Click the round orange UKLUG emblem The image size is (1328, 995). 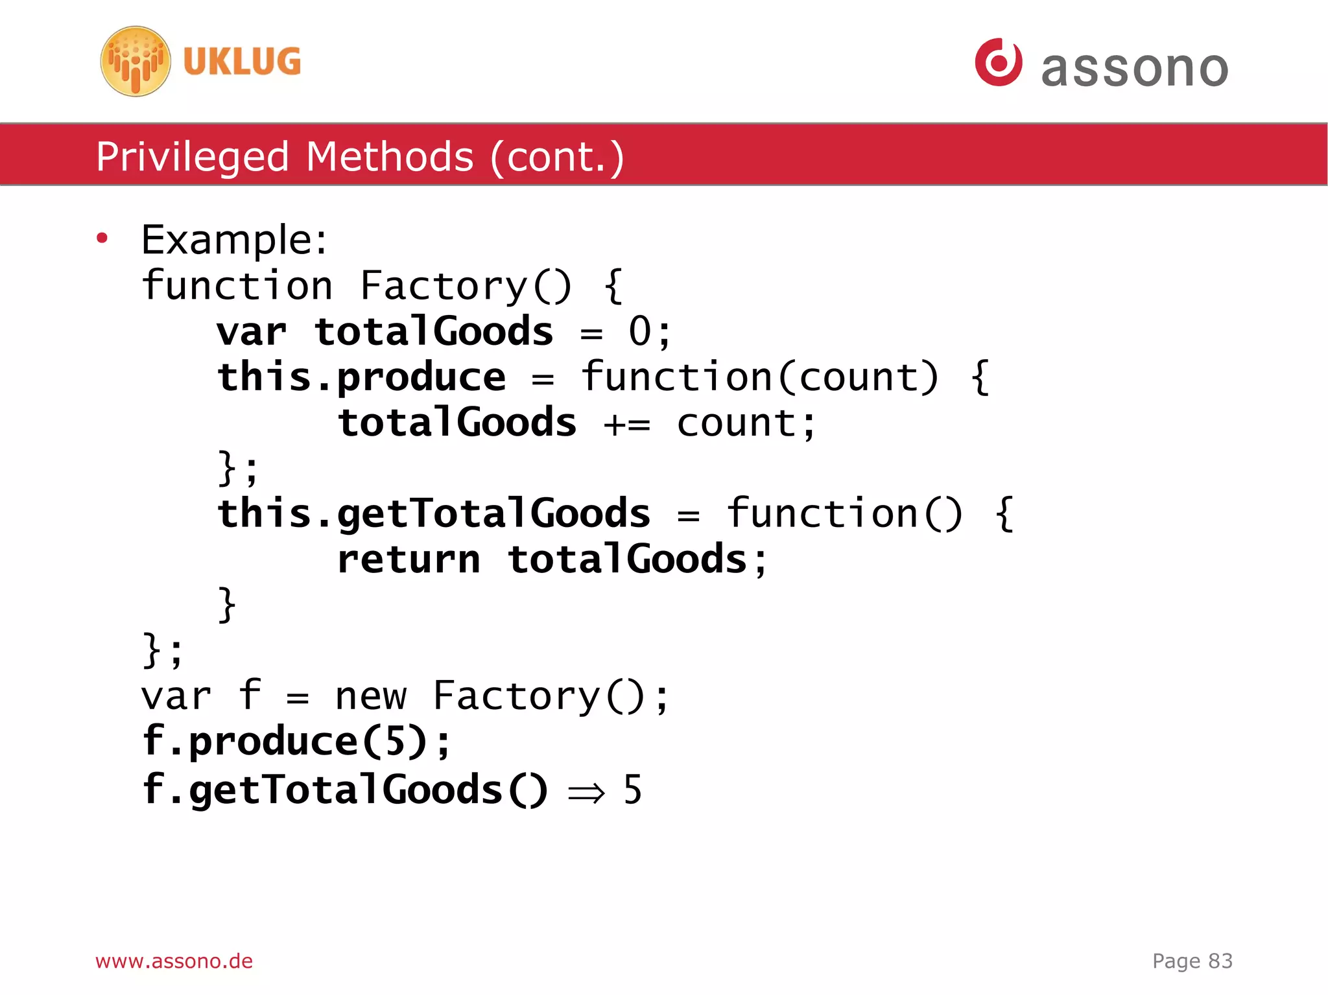pos(136,62)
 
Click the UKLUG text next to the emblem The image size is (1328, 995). pos(242,62)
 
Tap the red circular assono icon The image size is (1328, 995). pos(998,62)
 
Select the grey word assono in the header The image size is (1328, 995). pos(1134,68)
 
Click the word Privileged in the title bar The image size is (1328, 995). pos(192,158)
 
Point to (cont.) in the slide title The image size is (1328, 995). pos(557,158)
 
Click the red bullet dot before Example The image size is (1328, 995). pos(102,239)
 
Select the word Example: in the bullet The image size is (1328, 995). pos(234,240)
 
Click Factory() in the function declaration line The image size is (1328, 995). pos(466,286)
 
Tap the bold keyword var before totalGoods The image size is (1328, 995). pos(252,332)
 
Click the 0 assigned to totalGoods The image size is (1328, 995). pos(639,332)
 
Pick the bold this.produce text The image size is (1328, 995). pos(361,377)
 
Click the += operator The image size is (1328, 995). pos(626,425)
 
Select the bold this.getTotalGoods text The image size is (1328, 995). pos(433,515)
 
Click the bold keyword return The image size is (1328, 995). pos(409,560)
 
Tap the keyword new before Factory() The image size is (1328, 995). pos(370,697)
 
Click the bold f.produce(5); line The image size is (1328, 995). pos(296,742)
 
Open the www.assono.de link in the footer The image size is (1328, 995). pos(174,961)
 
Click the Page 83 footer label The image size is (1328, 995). pos(1192,961)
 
